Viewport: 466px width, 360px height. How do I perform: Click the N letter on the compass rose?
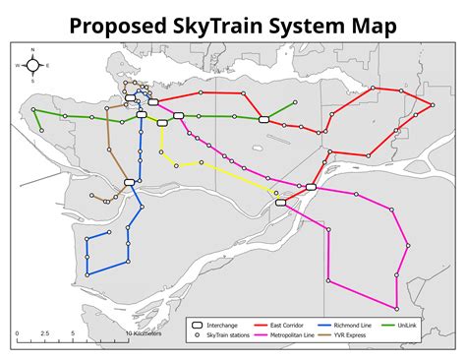point(32,48)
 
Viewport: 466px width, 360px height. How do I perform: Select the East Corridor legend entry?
point(283,324)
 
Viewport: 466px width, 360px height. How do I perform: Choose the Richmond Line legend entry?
point(350,324)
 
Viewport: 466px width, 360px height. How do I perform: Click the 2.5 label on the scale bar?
point(44,333)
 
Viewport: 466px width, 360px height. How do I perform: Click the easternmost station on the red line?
point(432,105)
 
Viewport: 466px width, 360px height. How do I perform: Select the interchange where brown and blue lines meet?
point(129,182)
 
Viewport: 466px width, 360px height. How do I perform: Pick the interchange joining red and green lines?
point(263,119)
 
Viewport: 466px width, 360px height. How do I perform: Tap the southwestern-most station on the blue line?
point(87,272)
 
